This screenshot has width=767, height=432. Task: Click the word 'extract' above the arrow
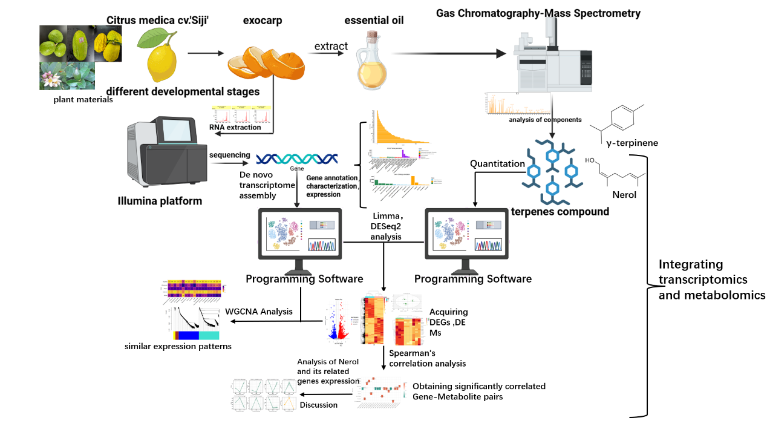coord(331,46)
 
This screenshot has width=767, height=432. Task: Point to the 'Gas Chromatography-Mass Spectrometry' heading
coord(538,13)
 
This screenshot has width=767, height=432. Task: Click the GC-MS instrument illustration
coord(553,57)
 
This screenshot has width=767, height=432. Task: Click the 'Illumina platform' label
coord(160,201)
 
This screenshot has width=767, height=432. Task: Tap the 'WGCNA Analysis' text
coord(259,312)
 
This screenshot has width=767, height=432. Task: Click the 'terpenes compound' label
coord(560,212)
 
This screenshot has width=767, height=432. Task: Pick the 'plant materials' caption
coord(83,100)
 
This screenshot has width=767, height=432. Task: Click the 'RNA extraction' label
coord(235,127)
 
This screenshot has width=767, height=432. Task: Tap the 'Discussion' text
coord(319,405)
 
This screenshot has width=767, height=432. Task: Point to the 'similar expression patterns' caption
coord(178,347)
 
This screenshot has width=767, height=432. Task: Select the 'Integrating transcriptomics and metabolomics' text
coord(711,280)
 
